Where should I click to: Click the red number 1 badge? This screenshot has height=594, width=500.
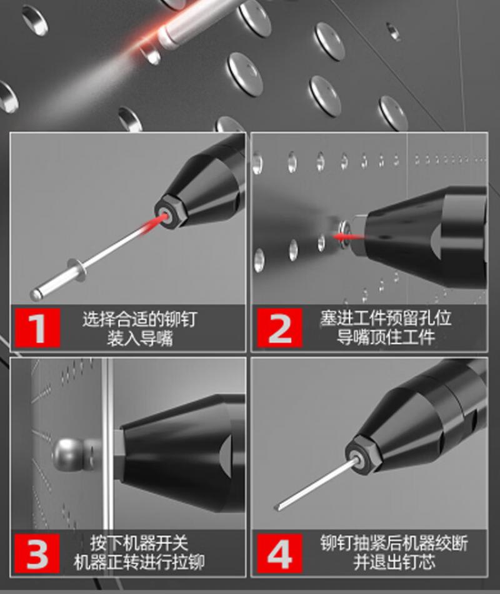(x=37, y=328)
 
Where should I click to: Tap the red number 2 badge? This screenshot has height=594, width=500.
(x=279, y=328)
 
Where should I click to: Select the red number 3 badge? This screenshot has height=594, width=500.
(x=37, y=553)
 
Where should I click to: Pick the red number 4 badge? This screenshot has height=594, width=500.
(x=279, y=553)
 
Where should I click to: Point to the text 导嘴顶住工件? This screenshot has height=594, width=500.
(x=386, y=337)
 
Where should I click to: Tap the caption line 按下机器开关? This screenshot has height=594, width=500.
(x=139, y=543)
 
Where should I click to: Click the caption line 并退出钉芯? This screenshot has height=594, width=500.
(x=394, y=562)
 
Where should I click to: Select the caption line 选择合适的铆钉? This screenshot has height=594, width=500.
(x=140, y=319)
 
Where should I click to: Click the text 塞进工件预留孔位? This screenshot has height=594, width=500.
(x=386, y=318)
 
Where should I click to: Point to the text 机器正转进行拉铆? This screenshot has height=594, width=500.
(x=139, y=562)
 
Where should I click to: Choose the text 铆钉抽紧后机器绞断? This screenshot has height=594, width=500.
(x=394, y=543)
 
